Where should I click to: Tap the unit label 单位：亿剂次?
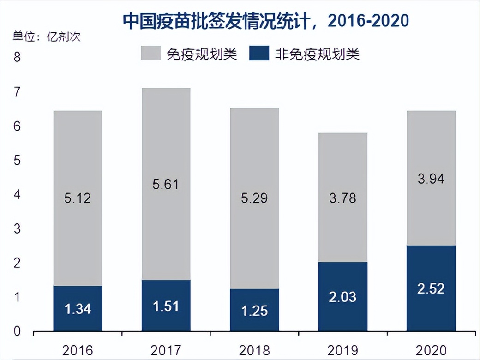[41, 36]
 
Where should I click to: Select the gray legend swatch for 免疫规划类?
[150, 54]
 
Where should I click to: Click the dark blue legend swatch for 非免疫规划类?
[259, 54]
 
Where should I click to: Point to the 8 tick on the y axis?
[18, 58]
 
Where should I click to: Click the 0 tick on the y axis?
[18, 331]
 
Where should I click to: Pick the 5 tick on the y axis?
[18, 161]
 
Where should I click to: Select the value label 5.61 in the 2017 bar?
[165, 185]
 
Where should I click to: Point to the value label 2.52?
[431, 289]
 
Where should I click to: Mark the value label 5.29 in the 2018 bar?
[254, 198]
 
